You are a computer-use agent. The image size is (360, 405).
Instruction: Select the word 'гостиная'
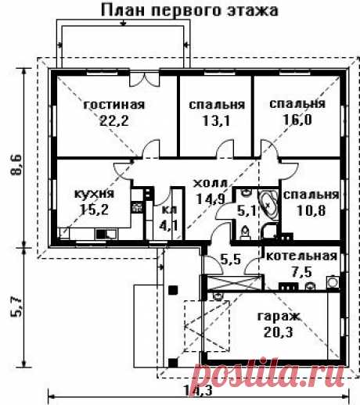115,104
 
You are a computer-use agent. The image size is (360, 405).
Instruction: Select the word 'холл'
207,183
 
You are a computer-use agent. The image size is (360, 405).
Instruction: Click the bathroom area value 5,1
247,209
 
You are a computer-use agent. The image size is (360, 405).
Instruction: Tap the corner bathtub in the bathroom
268,205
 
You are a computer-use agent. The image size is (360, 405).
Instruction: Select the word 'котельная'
301,256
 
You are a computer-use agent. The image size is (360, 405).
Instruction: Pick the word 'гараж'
279,317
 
